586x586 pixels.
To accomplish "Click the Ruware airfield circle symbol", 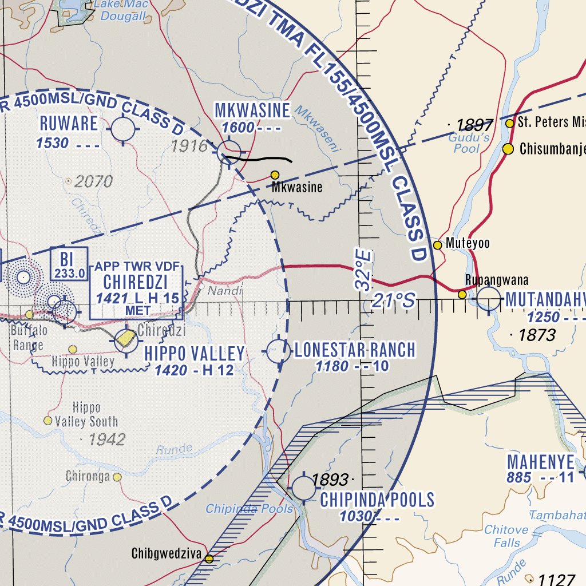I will point(123,129).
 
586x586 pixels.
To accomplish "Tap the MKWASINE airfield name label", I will point(252,110).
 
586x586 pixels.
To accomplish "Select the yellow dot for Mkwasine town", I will point(275,175).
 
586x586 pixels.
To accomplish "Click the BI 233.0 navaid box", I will point(69,264).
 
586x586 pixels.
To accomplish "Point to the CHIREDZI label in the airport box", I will point(136,282).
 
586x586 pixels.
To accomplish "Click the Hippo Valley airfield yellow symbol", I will point(125,340).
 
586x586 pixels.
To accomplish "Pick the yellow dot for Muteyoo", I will point(438,245).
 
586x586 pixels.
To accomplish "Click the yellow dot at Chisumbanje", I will point(508,149).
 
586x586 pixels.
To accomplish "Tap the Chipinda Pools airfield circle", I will point(303,488).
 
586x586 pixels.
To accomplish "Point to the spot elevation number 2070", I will point(94,182).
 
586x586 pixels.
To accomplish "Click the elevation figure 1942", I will point(106,439).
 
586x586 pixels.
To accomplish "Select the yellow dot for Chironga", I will point(117,477).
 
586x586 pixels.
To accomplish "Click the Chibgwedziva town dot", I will point(209,559).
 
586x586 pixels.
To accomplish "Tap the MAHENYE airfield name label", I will point(540,462).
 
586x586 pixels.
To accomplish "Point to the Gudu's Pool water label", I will point(468,143).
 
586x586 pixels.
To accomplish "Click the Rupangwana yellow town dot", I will point(462,294).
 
